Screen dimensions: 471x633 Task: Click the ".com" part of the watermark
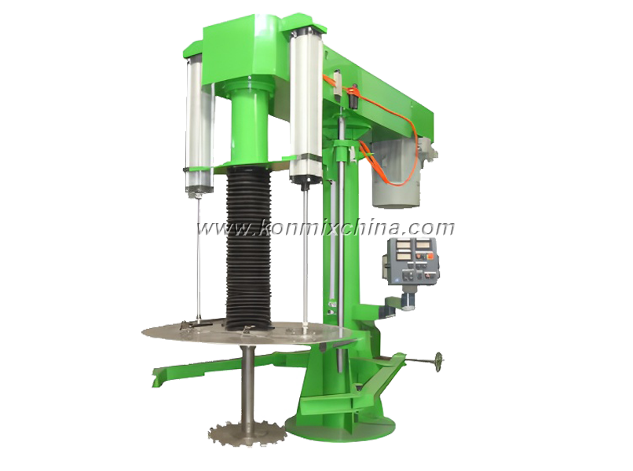(429, 228)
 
